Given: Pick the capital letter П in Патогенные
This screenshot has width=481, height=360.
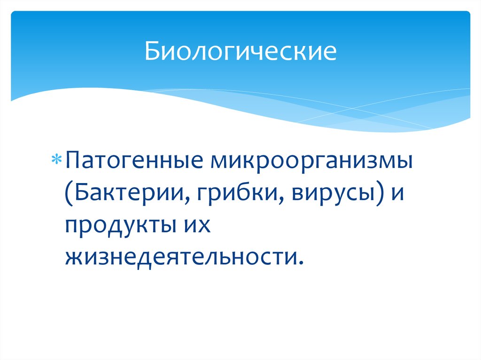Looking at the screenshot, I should pos(74,162).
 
